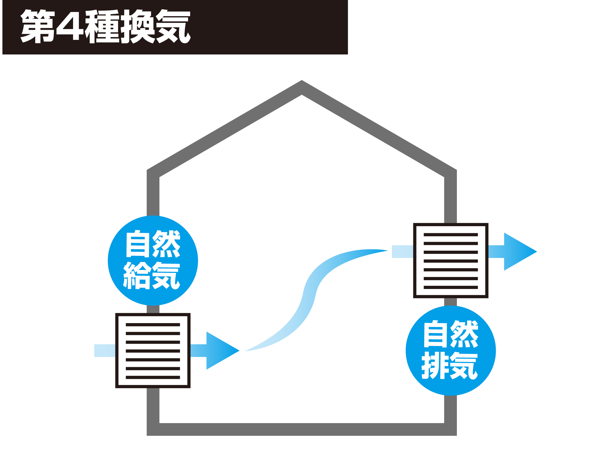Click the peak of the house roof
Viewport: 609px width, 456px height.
pos(302,80)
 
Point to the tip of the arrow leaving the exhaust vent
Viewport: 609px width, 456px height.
pos(537,251)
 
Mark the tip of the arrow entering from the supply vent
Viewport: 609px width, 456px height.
pos(239,350)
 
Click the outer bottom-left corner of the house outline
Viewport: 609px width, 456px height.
pos(147,435)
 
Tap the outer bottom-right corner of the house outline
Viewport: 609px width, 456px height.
pos(456,435)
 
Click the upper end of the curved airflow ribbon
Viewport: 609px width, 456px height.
pos(388,251)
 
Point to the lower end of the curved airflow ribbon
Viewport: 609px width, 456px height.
pos(245,351)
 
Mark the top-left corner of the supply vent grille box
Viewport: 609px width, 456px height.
pos(116,313)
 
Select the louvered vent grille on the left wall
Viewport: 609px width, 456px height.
pos(153,350)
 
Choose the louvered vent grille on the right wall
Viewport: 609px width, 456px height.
pos(451,261)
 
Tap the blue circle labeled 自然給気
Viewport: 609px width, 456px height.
pos(153,260)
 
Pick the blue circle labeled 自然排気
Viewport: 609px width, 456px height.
pos(451,350)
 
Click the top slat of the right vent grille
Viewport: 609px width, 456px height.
pos(451,235)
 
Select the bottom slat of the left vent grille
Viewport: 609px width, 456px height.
pos(153,377)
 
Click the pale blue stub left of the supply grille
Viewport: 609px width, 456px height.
pos(105,350)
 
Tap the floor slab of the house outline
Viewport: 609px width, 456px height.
pos(302,429)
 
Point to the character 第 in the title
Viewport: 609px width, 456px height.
pos(38,26)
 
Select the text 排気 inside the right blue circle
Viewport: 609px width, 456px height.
pos(450,365)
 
